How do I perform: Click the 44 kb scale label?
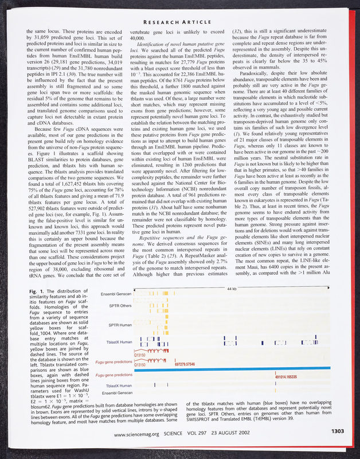click(232, 289)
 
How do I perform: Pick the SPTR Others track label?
click(119, 306)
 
